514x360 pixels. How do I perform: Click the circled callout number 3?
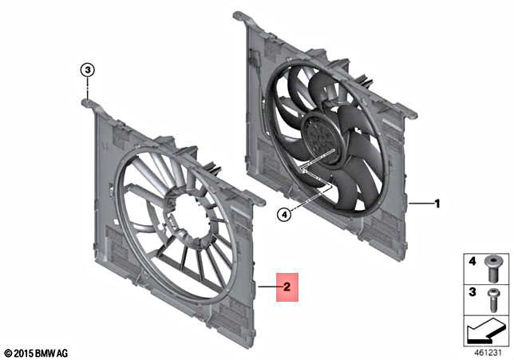tap(89, 69)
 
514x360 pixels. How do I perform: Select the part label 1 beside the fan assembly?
tap(437, 204)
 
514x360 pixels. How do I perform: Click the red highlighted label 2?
tap(287, 285)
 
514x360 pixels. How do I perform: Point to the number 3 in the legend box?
tap(471, 294)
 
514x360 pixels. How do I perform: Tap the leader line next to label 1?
tap(420, 204)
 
